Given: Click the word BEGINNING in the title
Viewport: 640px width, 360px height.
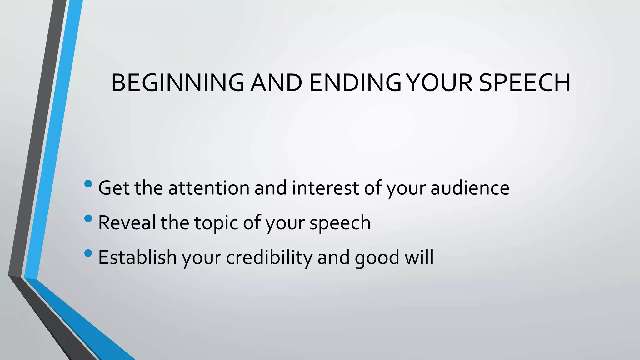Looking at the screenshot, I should coord(177,83).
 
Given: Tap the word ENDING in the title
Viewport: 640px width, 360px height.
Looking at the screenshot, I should coord(355,83).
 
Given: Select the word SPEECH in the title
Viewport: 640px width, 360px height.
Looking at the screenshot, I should coord(524,83).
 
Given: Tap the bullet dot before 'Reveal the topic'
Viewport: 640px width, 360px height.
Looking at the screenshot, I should coord(88,218).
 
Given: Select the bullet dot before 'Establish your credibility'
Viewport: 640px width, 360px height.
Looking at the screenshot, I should coord(88,253).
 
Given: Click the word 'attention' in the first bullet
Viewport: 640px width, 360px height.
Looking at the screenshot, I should coord(209,188).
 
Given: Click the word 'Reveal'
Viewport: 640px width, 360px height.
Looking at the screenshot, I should coord(127,223).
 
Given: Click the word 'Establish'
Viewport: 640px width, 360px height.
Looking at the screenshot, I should coord(137,257).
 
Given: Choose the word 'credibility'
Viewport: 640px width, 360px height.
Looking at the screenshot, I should coord(269,257).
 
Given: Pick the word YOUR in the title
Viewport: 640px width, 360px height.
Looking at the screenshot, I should coord(441,83).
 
